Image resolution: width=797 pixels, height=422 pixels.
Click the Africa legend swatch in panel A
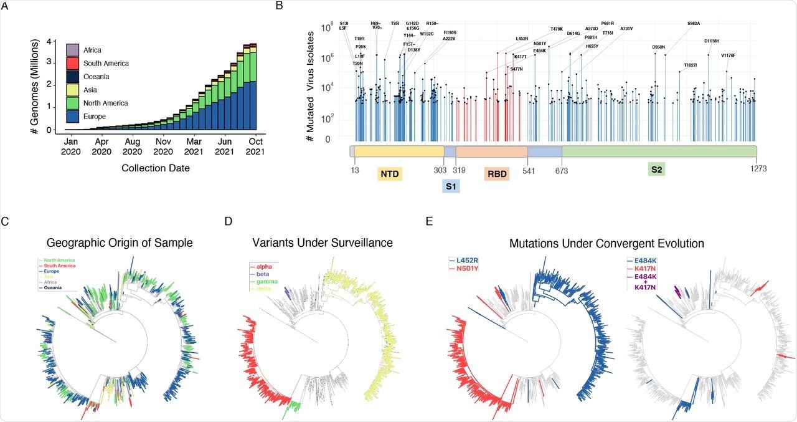pos(73,50)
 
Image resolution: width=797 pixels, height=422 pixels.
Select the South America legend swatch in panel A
pos(73,64)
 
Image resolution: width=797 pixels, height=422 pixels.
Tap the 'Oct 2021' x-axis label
pos(255,146)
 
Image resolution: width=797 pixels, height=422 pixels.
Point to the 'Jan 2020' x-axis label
pos(71,146)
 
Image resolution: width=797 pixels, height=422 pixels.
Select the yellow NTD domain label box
pos(390,175)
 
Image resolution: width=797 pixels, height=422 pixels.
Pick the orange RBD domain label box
pos(496,175)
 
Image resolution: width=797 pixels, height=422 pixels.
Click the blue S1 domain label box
pos(451,186)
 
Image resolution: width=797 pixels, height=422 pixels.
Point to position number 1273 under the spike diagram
pos(757,168)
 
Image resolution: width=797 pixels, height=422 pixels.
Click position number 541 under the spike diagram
pos(527,168)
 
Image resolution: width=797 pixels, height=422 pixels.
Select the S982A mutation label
pos(694,24)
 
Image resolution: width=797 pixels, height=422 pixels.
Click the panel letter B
pos(279,6)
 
